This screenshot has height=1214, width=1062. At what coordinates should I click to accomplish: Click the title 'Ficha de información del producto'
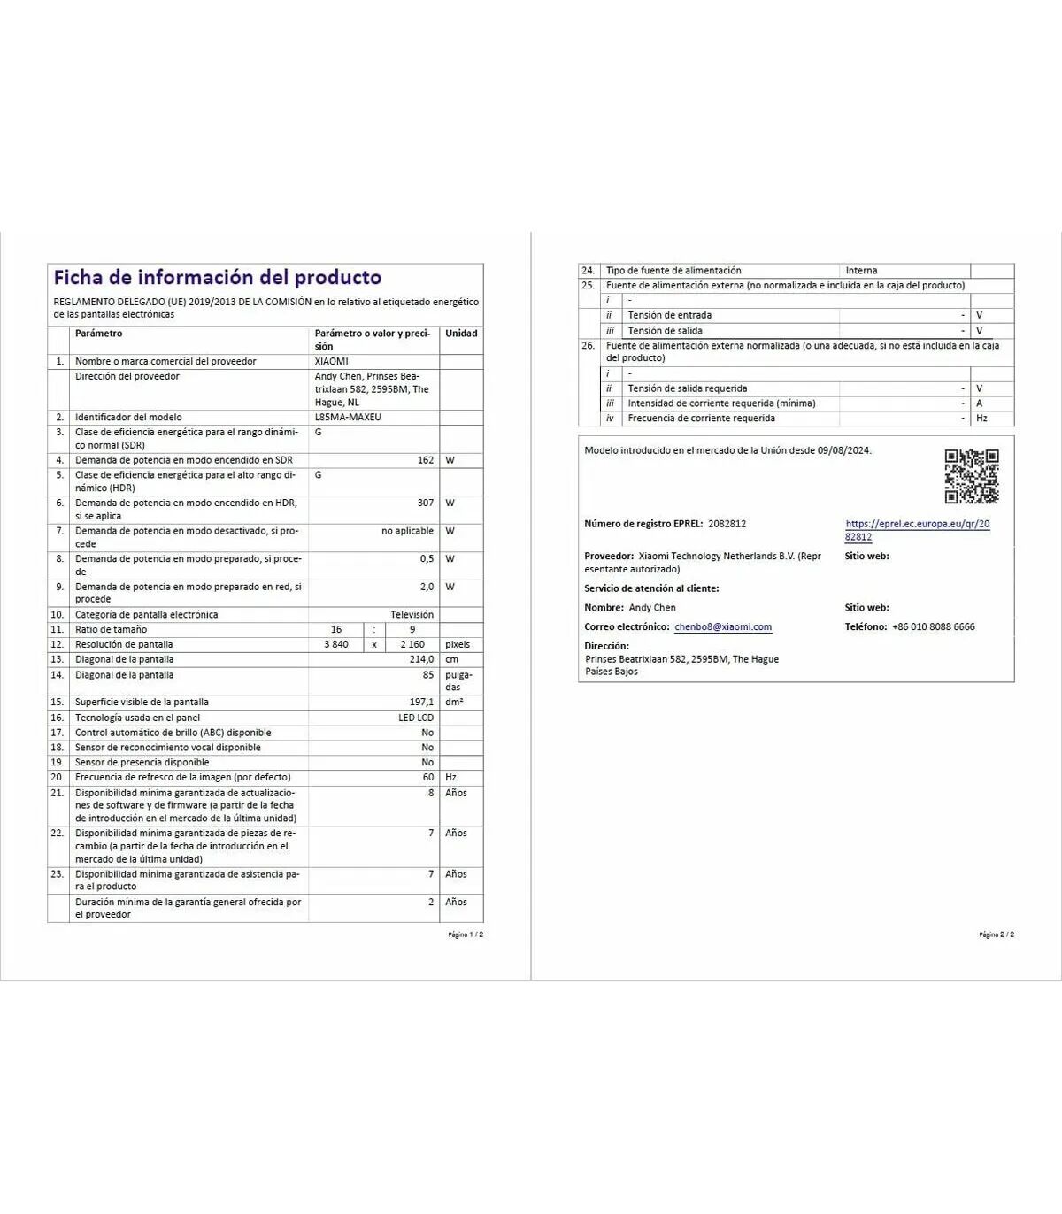(217, 278)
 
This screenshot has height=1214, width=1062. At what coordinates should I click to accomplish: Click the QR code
(971, 476)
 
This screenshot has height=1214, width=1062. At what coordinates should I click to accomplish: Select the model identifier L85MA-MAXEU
(348, 418)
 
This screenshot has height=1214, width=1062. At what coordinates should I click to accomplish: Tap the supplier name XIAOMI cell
(332, 362)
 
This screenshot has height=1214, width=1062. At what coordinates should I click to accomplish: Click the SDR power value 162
(426, 460)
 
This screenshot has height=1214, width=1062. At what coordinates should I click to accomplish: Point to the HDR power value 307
(426, 503)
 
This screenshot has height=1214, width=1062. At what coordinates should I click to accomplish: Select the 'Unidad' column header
(461, 334)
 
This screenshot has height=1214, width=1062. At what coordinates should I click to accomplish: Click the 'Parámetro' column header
(99, 334)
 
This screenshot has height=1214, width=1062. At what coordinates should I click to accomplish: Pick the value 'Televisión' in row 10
(412, 614)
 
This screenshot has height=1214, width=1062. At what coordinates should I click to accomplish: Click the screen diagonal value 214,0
(421, 659)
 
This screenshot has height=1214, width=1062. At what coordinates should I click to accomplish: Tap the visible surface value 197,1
(421, 702)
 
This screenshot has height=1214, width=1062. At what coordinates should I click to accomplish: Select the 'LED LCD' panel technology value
(416, 718)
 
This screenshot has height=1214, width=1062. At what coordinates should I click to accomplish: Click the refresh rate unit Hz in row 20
(451, 777)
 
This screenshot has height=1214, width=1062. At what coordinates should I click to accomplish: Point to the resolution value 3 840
(336, 644)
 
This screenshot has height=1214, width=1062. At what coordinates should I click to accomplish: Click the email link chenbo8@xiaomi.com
(723, 626)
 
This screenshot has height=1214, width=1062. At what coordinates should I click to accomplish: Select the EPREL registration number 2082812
(727, 524)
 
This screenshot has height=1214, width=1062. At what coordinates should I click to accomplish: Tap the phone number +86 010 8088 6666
(934, 626)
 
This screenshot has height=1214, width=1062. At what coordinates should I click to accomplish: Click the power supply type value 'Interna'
(861, 271)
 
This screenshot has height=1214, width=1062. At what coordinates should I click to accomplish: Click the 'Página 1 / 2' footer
(466, 934)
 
